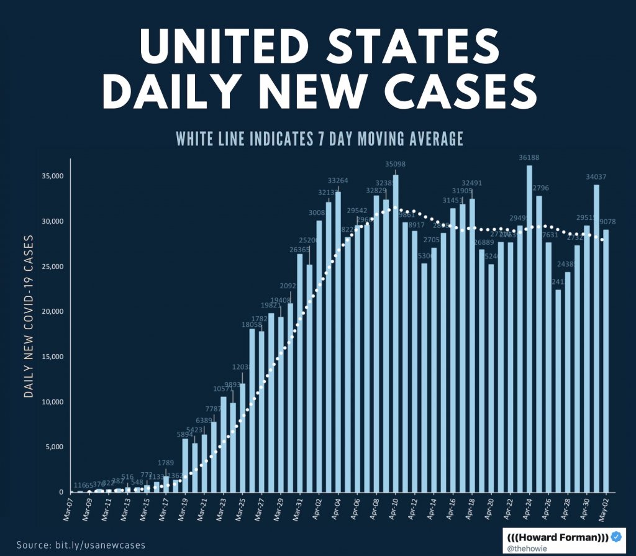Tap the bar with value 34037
(596, 338)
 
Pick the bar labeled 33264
(338, 342)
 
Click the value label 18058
(252, 324)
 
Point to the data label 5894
(185, 435)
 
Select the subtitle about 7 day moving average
(319, 139)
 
